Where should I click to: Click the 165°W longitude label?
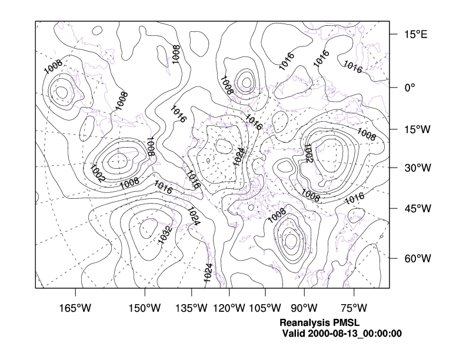tap(76, 308)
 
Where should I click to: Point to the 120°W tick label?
tap(229, 308)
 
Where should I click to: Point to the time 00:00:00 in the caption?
tap(383, 334)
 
